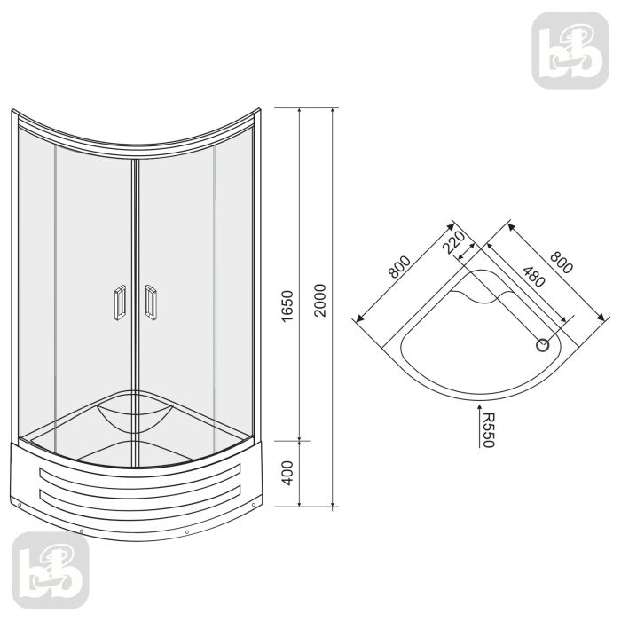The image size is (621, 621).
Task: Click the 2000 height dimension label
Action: [x=320, y=300]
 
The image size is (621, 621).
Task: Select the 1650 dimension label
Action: [x=287, y=306]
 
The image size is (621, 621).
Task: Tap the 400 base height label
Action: [x=287, y=473]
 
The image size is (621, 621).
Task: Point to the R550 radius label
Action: [x=488, y=430]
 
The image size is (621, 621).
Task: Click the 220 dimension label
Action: [x=453, y=242]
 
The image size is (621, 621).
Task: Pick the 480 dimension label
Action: [x=534, y=277]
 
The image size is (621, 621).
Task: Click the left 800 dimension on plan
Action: [x=399, y=267]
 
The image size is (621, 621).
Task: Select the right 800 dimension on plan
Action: [x=562, y=263]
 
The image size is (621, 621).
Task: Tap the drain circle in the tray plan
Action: [x=542, y=345]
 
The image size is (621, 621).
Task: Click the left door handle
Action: [x=120, y=303]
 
